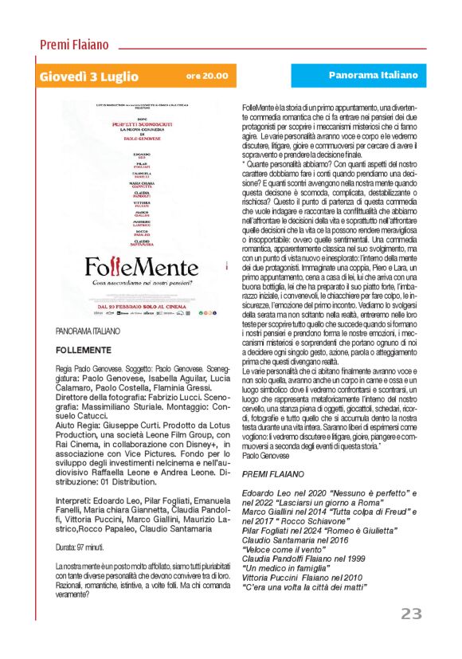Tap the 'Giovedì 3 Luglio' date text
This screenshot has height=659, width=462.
(88, 77)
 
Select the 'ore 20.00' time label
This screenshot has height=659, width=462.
(206, 76)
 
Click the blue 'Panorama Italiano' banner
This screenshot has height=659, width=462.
(373, 75)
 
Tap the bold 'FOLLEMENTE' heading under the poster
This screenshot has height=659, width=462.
(83, 350)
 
